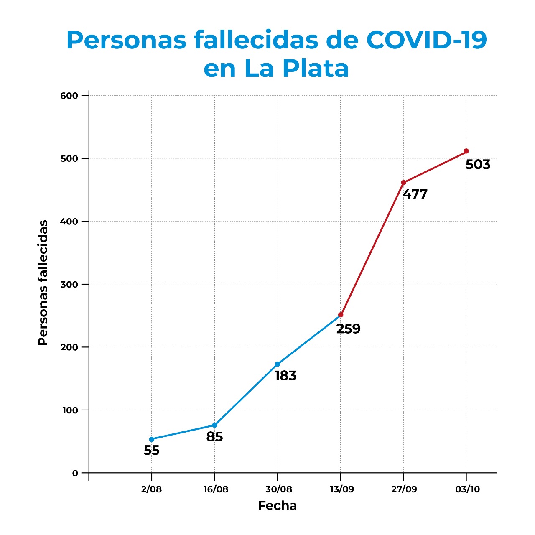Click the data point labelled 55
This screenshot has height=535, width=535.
pos(152,439)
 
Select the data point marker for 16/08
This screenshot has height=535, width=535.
pos(214,425)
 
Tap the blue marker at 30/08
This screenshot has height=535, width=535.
pos(278,364)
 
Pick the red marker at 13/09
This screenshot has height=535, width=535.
pos(341,315)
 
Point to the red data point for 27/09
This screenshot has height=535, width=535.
pos(403,183)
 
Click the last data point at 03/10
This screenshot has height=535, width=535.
pos(466,151)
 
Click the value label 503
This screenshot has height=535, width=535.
pos(478,165)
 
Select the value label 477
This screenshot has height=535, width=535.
pos(415,194)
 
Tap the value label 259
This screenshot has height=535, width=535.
pos(348,329)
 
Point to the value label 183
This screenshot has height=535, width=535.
pos(285,376)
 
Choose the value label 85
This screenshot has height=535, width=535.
pos(214,437)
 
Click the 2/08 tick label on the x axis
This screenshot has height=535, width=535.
pos(151,489)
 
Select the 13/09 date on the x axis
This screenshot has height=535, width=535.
pos(341,489)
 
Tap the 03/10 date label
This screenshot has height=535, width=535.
pos(467,489)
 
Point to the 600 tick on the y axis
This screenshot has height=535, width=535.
pos(69,96)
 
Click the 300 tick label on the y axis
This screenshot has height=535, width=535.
pos(69,284)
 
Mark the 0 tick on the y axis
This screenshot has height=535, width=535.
pos(75,473)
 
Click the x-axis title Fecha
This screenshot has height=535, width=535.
pos(277,506)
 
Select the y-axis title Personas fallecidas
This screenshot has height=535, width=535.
pos(43,283)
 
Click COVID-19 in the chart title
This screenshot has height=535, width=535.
pos(426,41)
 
